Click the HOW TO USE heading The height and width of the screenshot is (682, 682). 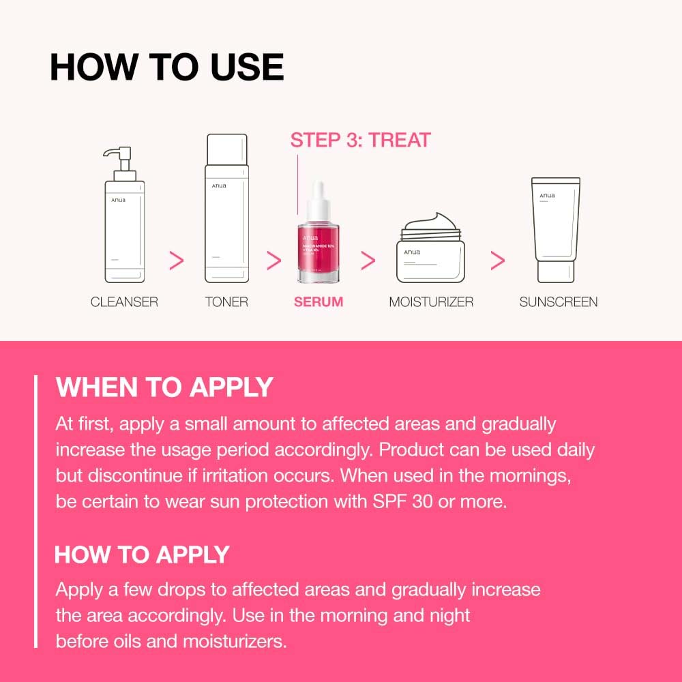[166, 67]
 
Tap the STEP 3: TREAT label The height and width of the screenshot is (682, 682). [360, 140]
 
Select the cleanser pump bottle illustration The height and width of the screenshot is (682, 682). [124, 225]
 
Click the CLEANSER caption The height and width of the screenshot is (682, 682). [124, 301]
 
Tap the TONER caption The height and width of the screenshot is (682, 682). [226, 301]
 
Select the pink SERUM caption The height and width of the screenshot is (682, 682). [318, 301]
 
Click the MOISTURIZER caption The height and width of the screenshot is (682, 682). [431, 301]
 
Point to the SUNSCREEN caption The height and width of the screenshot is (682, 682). [558, 301]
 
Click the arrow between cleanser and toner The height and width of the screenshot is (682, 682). [177, 260]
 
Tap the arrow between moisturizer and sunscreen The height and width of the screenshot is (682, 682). [498, 260]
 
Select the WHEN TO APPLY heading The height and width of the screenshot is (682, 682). [164, 387]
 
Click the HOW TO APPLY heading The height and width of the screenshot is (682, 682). [142, 554]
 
